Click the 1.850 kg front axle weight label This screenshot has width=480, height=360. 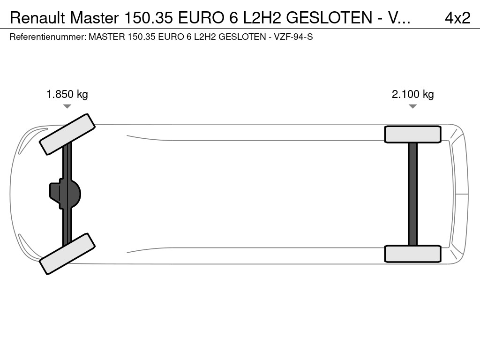click(x=67, y=94)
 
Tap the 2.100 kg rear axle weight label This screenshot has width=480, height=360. click(x=412, y=94)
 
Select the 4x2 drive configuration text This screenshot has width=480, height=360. click(x=457, y=18)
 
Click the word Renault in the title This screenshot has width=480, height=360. click(x=37, y=18)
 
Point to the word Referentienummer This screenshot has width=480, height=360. click(x=48, y=37)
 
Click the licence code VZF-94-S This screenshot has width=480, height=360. click(x=293, y=37)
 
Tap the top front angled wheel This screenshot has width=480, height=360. click(x=67, y=135)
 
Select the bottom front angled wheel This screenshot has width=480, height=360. click(x=67, y=254)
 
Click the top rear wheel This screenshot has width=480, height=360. click(x=412, y=135)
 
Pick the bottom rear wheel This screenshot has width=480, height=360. click(x=412, y=254)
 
